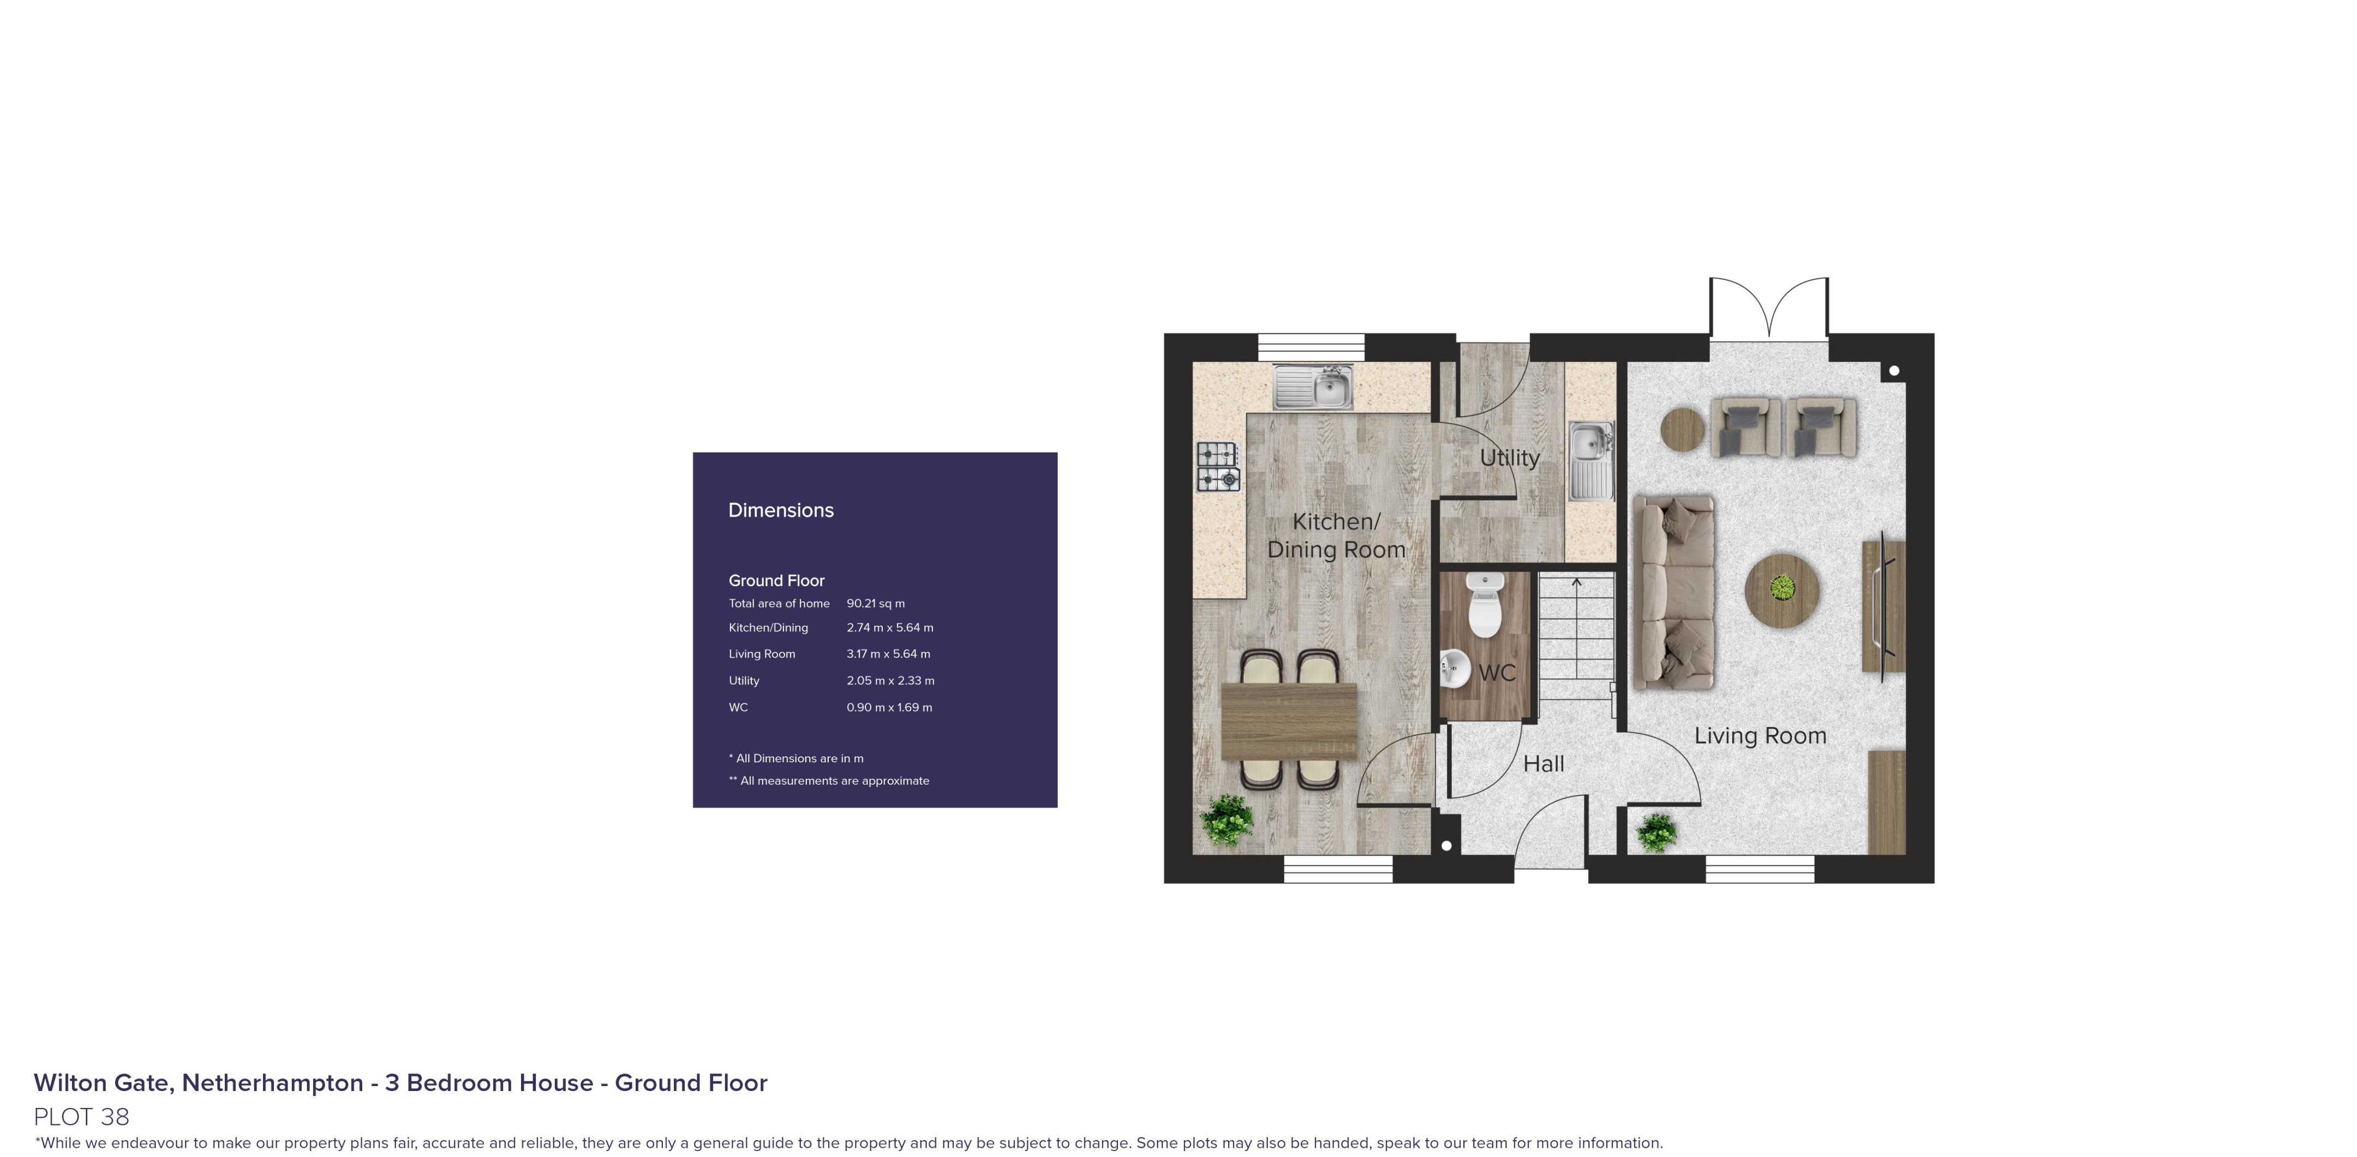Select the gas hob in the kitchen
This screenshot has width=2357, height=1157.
1218,467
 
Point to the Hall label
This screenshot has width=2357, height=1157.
1544,764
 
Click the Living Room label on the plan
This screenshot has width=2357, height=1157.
1760,736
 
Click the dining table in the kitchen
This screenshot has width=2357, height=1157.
1289,722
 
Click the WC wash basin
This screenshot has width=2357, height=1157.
1454,668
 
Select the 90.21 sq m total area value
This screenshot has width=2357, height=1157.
876,604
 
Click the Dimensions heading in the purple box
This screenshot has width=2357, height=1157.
780,510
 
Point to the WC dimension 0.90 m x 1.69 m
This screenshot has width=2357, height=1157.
889,707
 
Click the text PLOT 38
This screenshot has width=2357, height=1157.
81,1117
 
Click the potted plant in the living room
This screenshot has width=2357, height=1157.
1656,832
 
